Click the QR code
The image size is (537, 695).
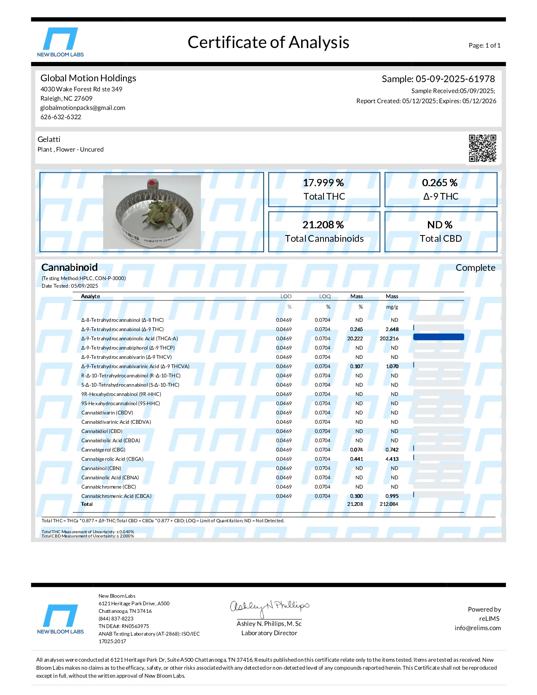(483, 148)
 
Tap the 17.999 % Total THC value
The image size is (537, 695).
(323, 183)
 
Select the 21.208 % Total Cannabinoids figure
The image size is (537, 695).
(323, 225)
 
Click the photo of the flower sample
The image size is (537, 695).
(152, 212)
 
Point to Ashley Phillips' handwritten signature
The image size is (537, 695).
(270, 607)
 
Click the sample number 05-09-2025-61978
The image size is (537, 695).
(455, 79)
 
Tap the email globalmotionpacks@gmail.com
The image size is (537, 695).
(83, 108)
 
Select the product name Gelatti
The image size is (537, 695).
(49, 139)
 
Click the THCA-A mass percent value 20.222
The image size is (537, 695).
(355, 339)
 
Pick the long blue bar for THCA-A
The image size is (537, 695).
(438, 337)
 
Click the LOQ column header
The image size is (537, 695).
(325, 297)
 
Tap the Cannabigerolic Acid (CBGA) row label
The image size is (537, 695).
(112, 459)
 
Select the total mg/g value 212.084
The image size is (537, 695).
(389, 504)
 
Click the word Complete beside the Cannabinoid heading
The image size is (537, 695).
(475, 268)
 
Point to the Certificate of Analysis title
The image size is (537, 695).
(268, 43)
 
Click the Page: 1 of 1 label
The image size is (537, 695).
(484, 45)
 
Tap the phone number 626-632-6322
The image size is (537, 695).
(61, 117)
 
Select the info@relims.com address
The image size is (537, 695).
(478, 628)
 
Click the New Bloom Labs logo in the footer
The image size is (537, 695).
(61, 619)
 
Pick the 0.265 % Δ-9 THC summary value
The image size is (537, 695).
(440, 183)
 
